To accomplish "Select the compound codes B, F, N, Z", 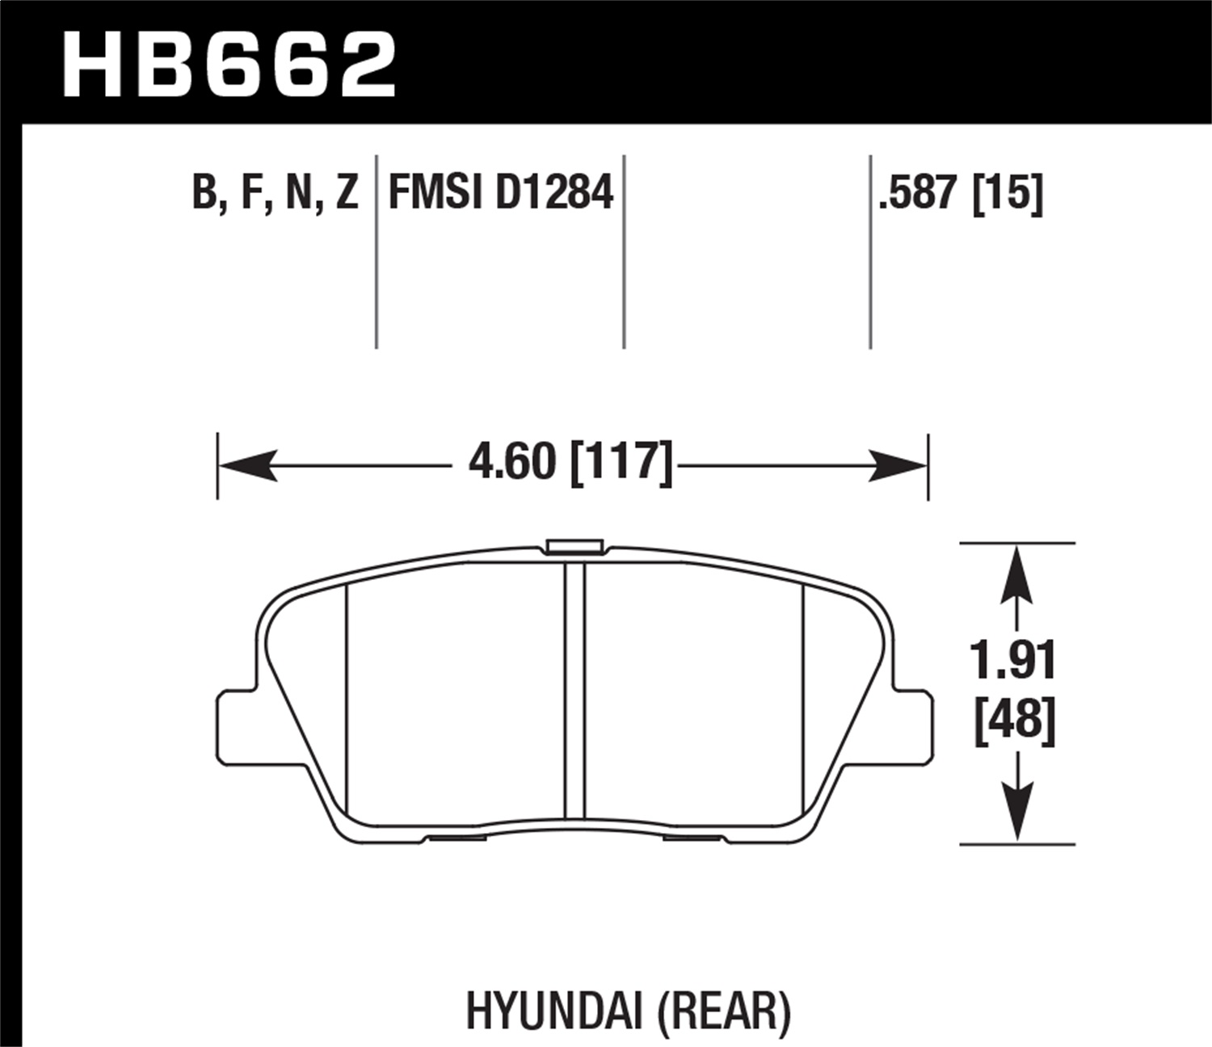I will click(x=275, y=194).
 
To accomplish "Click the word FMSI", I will click(x=436, y=194).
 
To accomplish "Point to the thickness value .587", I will click(x=920, y=194).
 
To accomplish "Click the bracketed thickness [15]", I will click(x=1008, y=194).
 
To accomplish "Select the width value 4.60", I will click(x=512, y=463).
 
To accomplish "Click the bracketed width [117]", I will click(x=621, y=463).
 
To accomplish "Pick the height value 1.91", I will click(x=1014, y=661).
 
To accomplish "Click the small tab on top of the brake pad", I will click(x=574, y=547).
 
